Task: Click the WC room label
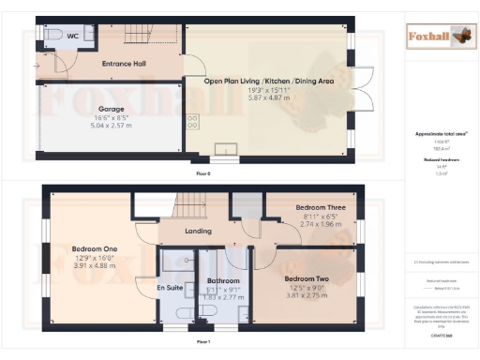click(72, 37)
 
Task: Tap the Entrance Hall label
click(125, 65)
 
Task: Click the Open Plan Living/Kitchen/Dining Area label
click(269, 82)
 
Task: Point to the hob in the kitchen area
click(193, 121)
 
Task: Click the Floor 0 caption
click(202, 174)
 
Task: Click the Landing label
click(197, 231)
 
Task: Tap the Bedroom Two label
click(309, 279)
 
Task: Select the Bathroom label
click(223, 280)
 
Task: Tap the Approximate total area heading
click(440, 134)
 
